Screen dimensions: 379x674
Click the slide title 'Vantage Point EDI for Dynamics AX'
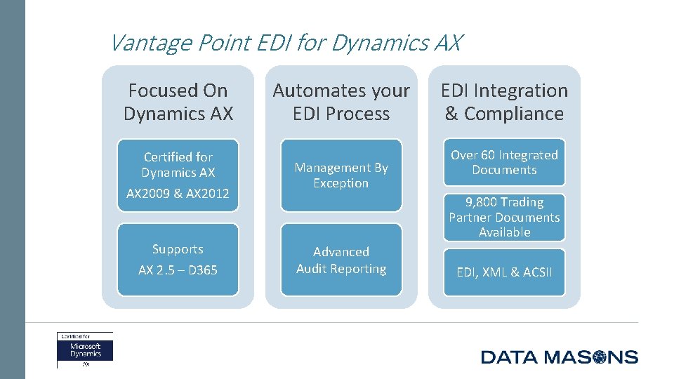(x=286, y=44)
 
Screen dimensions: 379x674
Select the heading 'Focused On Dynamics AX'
(x=178, y=102)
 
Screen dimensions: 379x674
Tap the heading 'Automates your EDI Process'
(x=341, y=102)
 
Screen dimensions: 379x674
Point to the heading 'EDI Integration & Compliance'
(x=504, y=102)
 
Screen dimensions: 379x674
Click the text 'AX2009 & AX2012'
(x=178, y=194)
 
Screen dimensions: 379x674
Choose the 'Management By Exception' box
(x=341, y=175)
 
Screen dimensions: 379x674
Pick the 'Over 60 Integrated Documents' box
(x=504, y=162)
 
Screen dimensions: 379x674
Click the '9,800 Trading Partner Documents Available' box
(x=504, y=217)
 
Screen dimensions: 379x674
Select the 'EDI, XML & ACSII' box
(x=504, y=272)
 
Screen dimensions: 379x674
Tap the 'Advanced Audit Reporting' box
(x=341, y=260)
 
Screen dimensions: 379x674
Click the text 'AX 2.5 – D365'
(x=178, y=270)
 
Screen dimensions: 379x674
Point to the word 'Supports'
(x=178, y=249)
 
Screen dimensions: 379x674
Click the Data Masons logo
(x=559, y=357)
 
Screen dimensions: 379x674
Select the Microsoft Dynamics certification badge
(x=85, y=350)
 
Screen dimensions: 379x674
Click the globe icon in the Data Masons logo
(x=599, y=357)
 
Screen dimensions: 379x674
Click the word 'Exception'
(x=341, y=183)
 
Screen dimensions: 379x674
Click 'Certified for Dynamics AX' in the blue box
(x=178, y=164)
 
